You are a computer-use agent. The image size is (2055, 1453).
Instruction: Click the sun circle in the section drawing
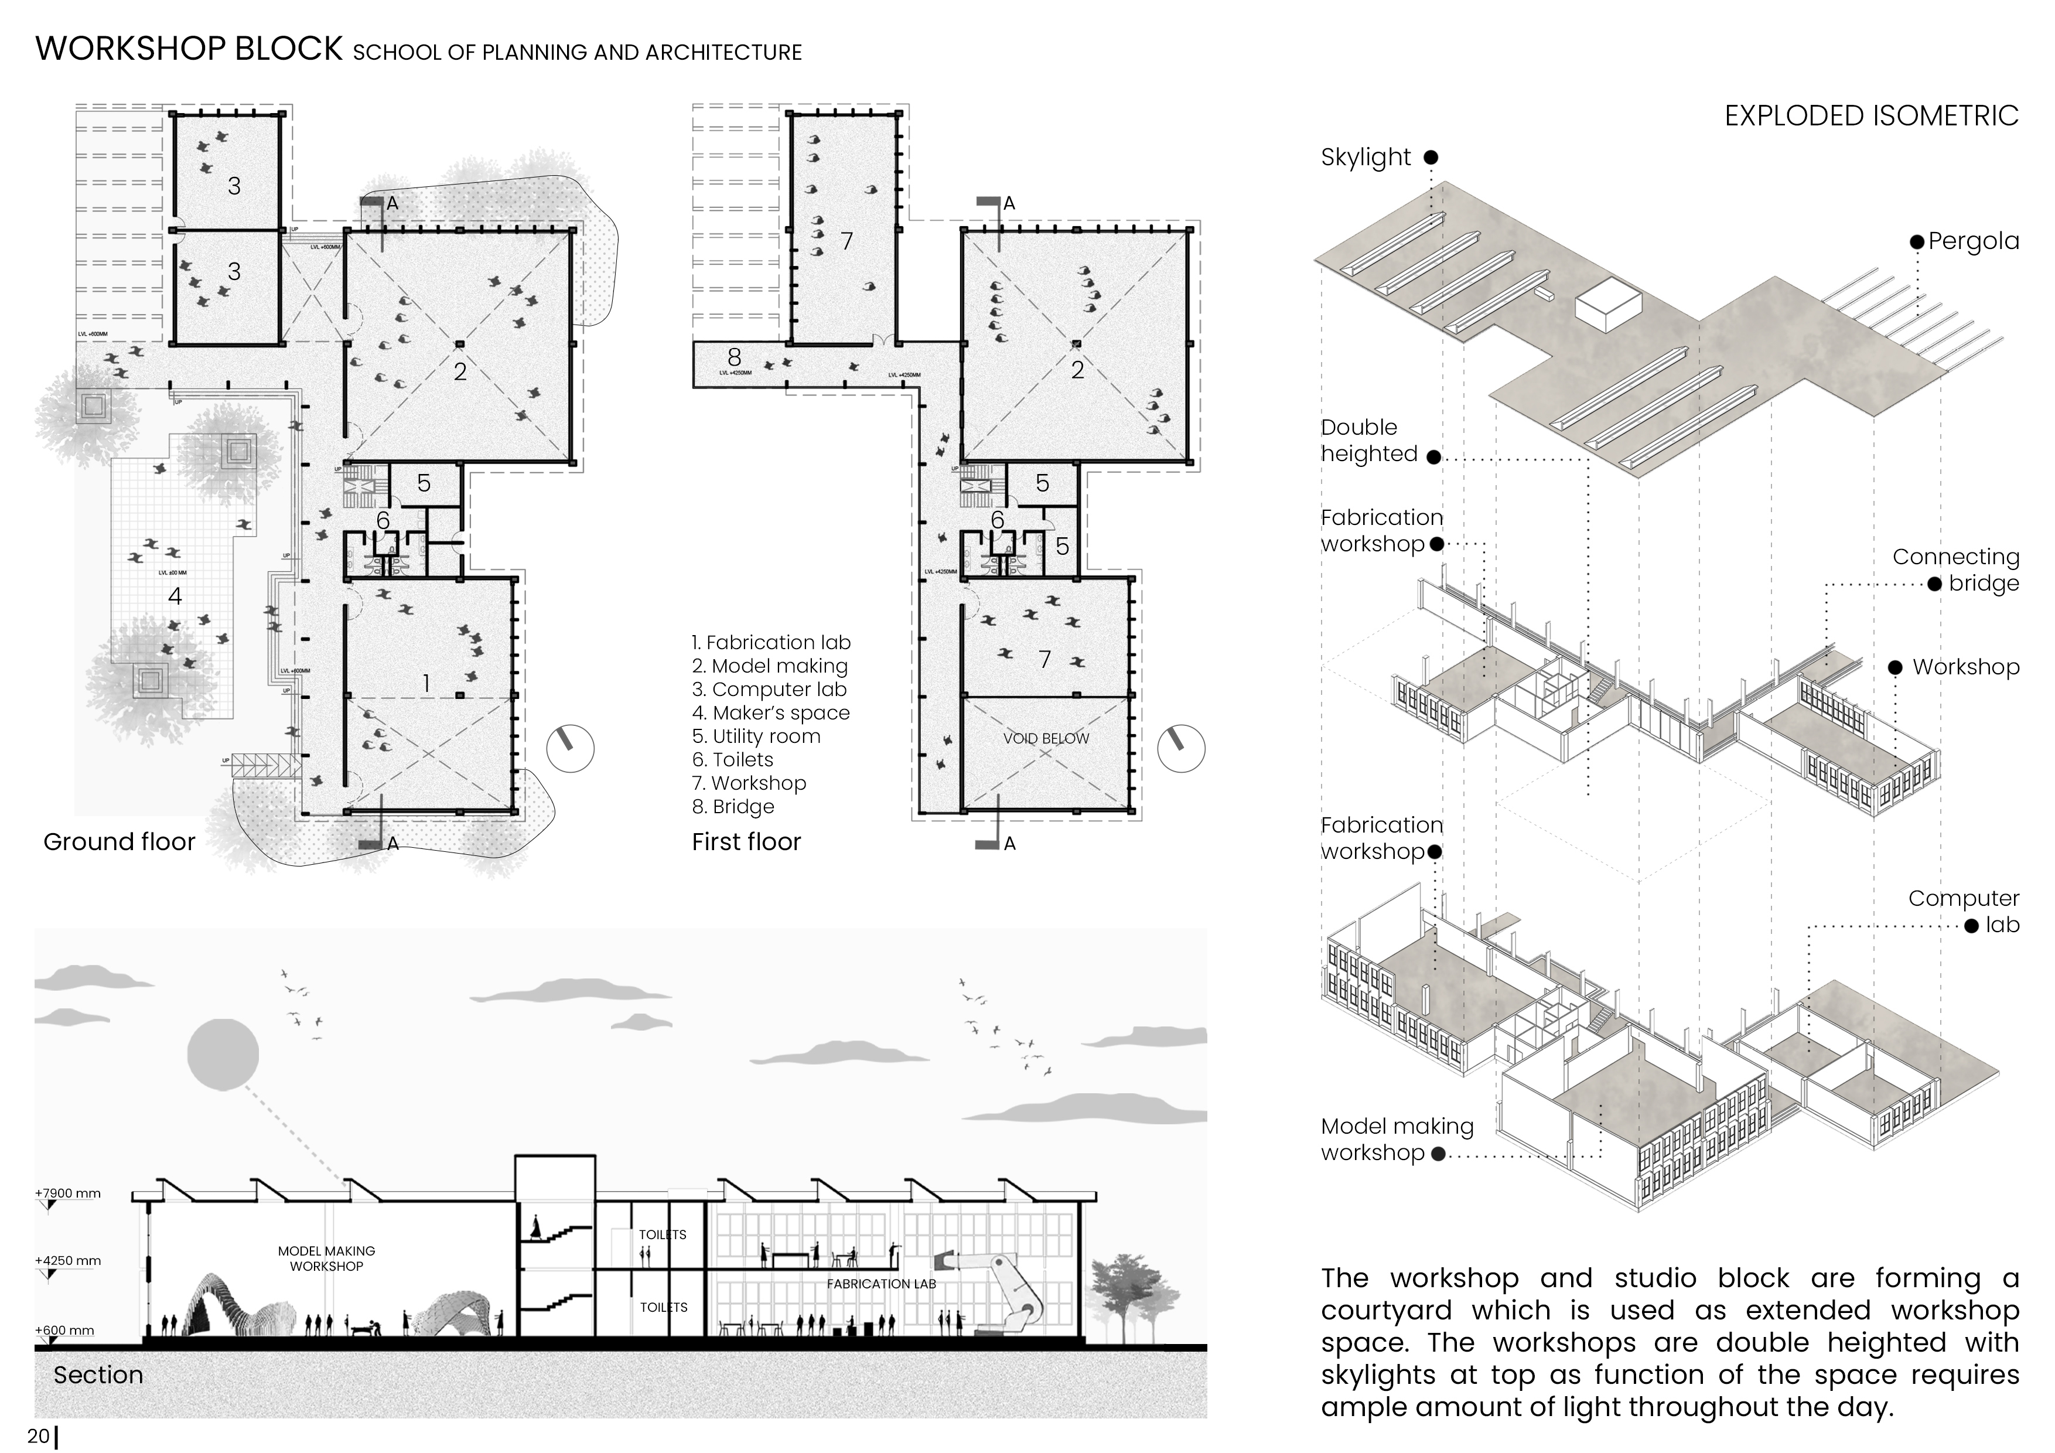223,1053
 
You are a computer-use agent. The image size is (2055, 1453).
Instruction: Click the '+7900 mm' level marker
68,1193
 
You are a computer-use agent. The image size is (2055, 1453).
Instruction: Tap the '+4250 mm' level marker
68,1260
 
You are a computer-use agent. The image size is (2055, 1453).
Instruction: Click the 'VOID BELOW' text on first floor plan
1046,739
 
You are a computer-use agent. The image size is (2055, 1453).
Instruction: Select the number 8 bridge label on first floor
734,357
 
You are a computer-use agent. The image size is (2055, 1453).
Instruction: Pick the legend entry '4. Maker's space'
771,714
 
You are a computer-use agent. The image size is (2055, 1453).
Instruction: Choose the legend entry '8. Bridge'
732,807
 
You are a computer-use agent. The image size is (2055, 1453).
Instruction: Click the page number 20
37,1436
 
